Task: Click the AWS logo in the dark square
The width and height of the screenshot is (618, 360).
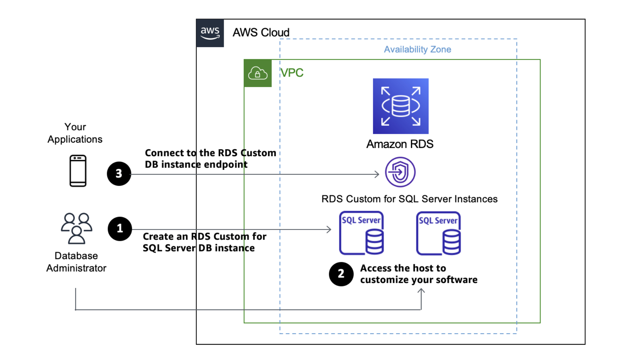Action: coord(210,33)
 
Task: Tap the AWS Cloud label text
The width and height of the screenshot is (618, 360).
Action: coord(261,33)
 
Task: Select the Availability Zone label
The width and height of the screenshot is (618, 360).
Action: coord(417,49)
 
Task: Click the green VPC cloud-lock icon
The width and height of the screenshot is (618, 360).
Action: coord(258,73)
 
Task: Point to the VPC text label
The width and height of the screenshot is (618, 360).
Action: coord(292,73)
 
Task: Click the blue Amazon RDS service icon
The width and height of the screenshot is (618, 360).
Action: coord(400,106)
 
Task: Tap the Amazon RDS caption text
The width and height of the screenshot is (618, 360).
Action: coord(400,144)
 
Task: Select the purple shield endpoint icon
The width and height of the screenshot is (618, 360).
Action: coord(400,172)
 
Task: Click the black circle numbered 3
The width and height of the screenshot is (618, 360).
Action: coord(119,174)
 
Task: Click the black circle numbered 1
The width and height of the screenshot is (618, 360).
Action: coord(120,229)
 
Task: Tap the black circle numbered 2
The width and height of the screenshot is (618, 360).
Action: coord(341,274)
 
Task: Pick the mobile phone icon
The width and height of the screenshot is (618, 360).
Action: coord(78,171)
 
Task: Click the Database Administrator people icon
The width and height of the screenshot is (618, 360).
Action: coord(77,228)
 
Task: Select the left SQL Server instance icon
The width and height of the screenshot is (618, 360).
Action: coord(362,233)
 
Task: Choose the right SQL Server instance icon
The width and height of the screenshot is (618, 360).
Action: coord(438,233)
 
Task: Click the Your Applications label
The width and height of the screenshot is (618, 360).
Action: coord(75,133)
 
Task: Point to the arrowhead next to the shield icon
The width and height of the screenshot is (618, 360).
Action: coord(377,174)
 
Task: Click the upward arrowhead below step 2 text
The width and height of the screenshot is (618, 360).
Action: coord(421,291)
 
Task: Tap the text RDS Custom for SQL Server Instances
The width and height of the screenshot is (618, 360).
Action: coord(409,199)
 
